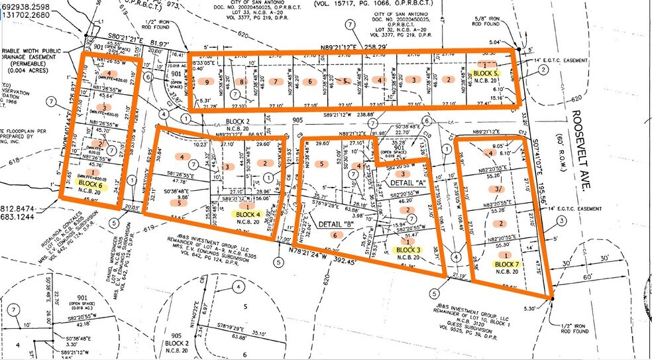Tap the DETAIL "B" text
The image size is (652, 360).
point(334,225)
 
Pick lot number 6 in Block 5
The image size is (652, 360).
point(309,82)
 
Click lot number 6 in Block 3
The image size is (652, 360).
point(335,235)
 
